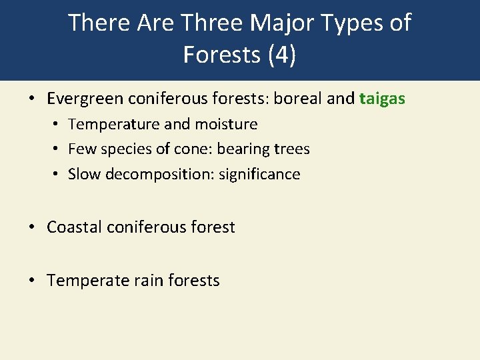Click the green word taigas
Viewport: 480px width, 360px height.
(382, 99)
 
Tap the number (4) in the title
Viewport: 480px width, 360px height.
(282, 55)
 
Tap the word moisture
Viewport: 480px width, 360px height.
(226, 125)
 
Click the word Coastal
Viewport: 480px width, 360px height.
(75, 227)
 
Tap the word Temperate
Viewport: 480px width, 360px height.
(89, 281)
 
